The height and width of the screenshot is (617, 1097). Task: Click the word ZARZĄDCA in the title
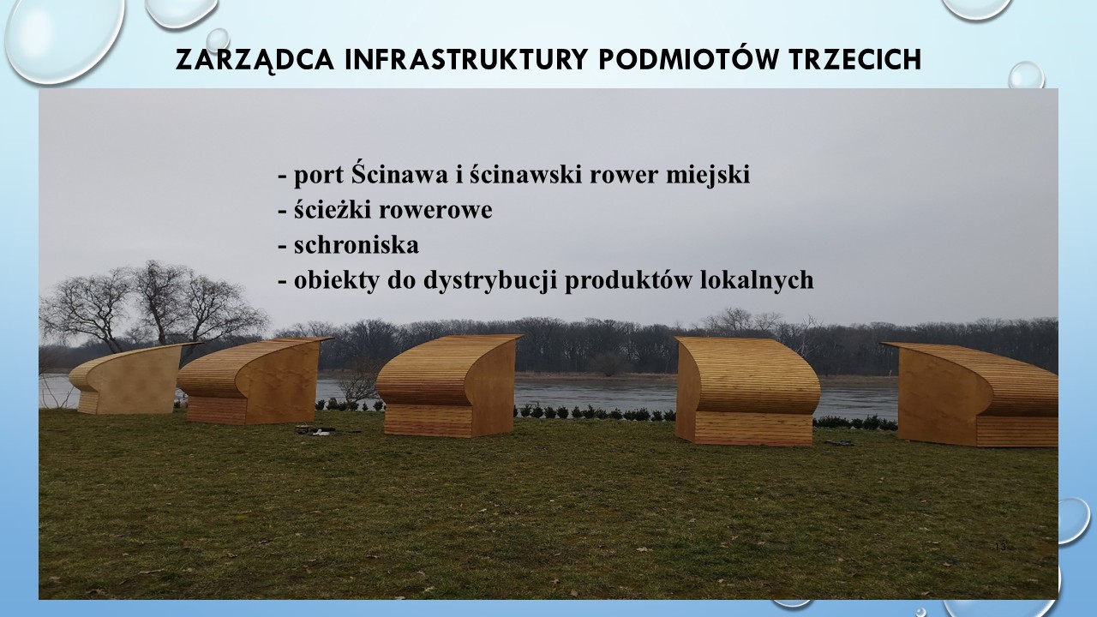tap(255, 60)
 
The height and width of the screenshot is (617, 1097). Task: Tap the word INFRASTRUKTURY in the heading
tap(465, 59)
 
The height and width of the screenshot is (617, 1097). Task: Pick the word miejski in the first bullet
tap(707, 175)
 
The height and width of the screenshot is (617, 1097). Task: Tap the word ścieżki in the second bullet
tap(333, 210)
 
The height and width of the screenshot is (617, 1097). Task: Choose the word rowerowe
tap(435, 211)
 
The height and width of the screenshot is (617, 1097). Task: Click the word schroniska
tap(356, 245)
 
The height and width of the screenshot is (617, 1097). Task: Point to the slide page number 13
tap(1000, 547)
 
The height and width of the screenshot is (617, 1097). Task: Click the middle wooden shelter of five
tap(448, 386)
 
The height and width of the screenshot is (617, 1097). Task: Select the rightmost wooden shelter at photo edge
tap(972, 393)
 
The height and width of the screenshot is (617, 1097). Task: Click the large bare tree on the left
tap(147, 308)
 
